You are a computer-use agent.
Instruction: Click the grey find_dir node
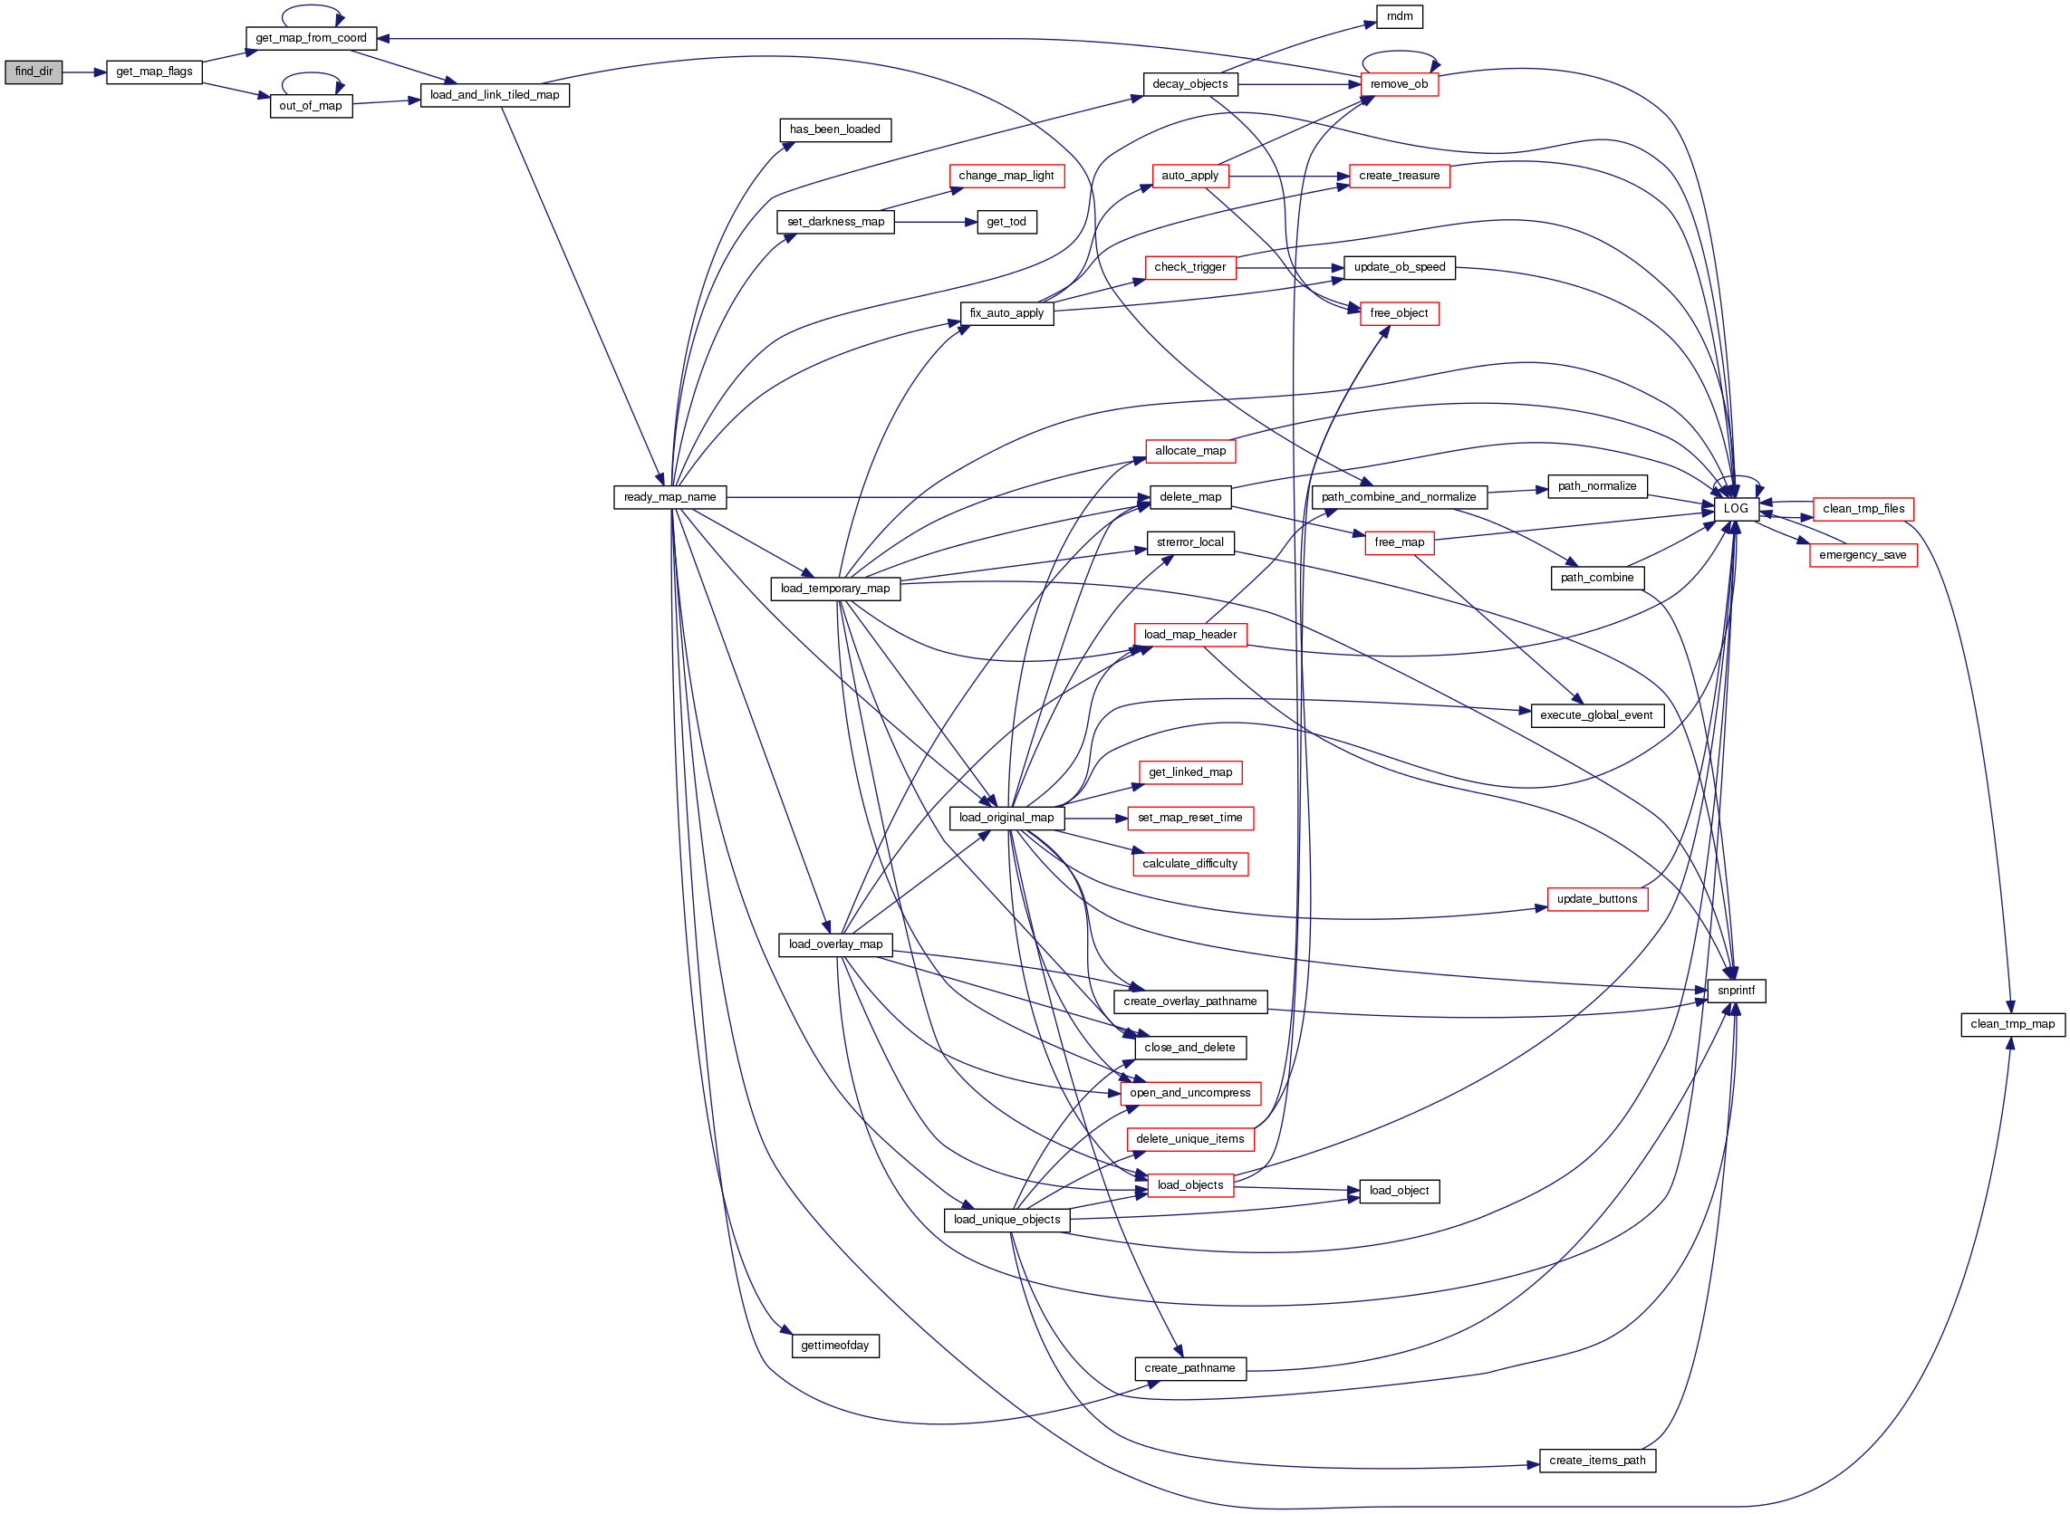(x=34, y=72)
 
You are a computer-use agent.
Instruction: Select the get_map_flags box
(x=154, y=72)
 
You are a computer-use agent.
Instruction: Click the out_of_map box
(x=311, y=106)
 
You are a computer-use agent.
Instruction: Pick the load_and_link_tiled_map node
(x=494, y=95)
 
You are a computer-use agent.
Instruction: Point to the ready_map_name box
(x=670, y=498)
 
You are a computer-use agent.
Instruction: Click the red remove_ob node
(x=1399, y=84)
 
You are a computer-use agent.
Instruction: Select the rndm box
(x=1399, y=16)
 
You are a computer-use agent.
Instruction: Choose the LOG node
(x=1736, y=509)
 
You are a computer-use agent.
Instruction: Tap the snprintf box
(x=1736, y=991)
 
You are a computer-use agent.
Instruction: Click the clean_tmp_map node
(x=2012, y=1025)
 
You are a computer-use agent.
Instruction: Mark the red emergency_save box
(x=1862, y=555)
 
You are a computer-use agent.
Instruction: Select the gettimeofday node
(x=835, y=1346)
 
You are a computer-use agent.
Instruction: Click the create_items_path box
(x=1597, y=1461)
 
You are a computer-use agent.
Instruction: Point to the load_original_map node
(x=1006, y=818)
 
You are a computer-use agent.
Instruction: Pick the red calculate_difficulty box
(x=1190, y=864)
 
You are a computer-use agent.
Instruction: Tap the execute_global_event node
(x=1597, y=715)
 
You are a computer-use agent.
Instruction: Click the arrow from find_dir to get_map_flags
(x=84, y=72)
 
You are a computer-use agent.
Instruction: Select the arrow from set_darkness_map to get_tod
(x=935, y=222)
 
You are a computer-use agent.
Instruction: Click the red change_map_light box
(x=1006, y=176)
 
